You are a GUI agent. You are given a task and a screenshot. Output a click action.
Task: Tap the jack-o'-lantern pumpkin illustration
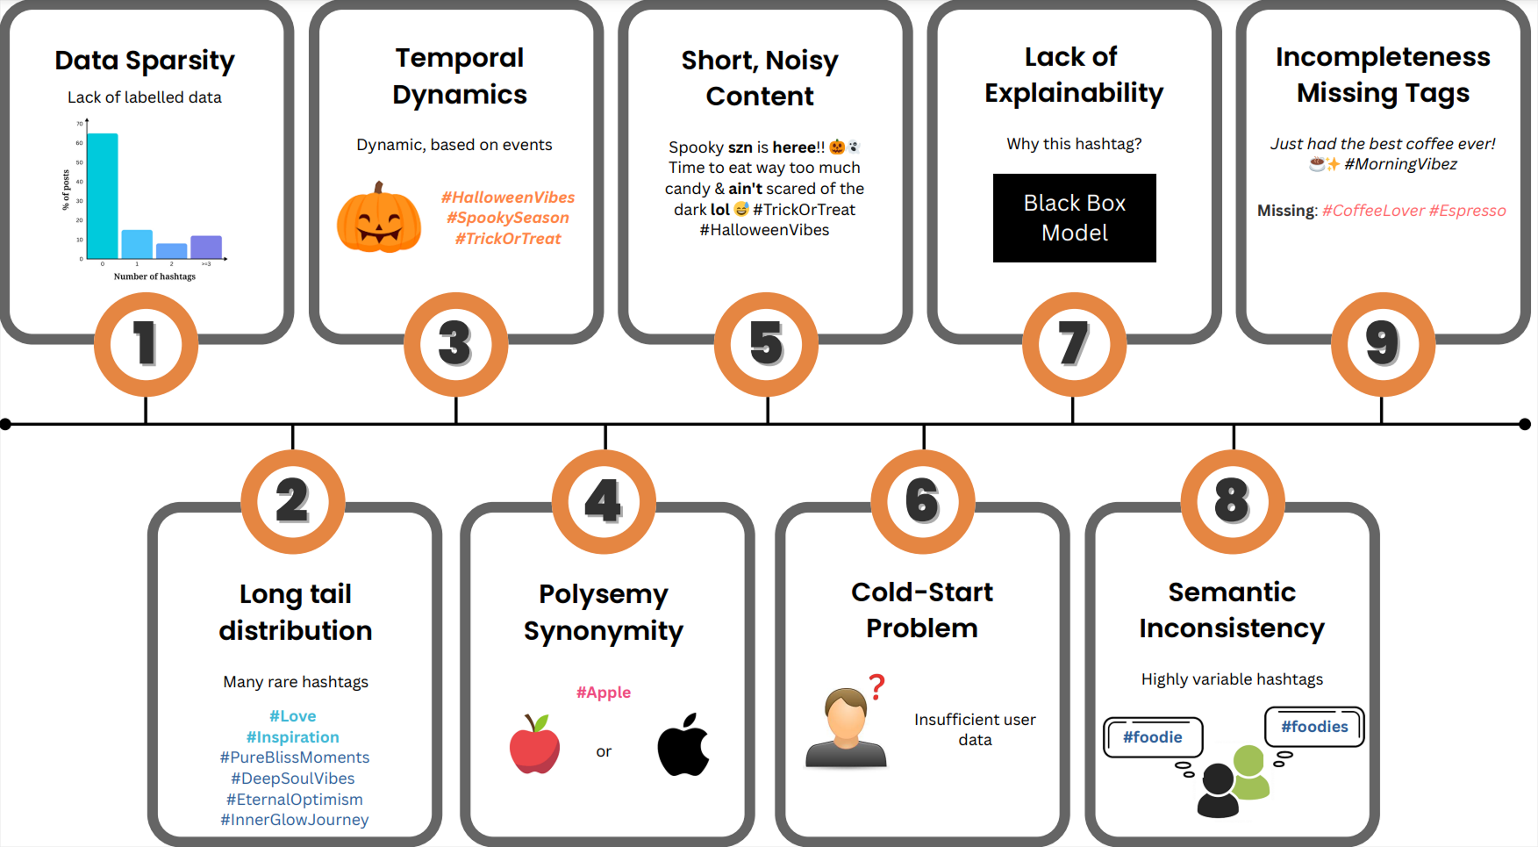(x=379, y=219)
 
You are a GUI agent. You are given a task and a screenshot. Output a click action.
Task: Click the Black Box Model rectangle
(x=1074, y=218)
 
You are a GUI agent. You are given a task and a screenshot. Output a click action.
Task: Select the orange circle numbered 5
(x=766, y=344)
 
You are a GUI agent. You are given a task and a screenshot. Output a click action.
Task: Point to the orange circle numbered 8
(x=1232, y=501)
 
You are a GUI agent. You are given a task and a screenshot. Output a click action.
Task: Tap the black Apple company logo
(x=683, y=745)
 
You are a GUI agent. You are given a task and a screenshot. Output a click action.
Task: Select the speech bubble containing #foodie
(x=1152, y=737)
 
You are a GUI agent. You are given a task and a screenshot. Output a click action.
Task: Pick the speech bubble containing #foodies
(x=1313, y=727)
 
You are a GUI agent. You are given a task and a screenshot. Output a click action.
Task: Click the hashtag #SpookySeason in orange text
(x=508, y=218)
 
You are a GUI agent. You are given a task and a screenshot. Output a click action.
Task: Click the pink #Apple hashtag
(x=604, y=693)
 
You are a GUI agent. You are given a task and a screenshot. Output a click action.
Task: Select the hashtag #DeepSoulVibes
(x=293, y=779)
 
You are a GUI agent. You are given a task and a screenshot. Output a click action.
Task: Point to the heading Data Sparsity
(x=145, y=61)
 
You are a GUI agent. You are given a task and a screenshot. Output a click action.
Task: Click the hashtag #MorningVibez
(x=1400, y=164)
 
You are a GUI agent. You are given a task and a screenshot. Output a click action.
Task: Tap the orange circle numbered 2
(x=293, y=501)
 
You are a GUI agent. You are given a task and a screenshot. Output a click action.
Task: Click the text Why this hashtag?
(x=1074, y=144)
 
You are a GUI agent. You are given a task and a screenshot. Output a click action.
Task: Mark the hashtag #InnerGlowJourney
(x=295, y=820)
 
